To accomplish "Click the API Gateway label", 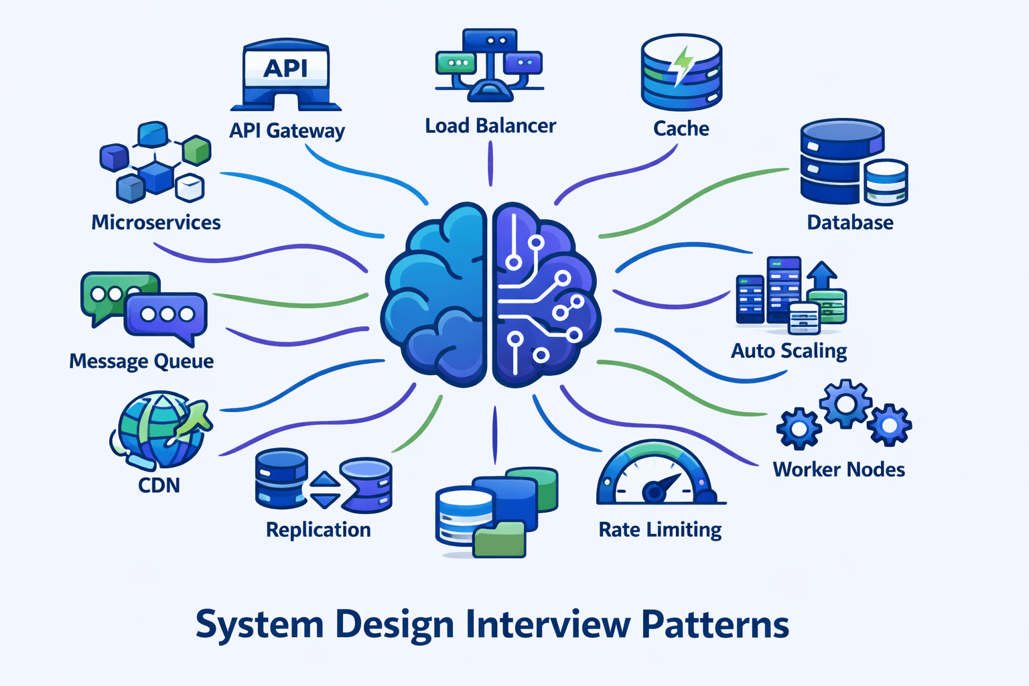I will coord(287,130).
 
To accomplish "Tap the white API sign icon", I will coord(286,68).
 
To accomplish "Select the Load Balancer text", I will coord(490,126).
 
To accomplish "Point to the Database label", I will coord(849,222).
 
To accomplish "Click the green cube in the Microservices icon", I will coord(196,150).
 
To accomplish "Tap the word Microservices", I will coord(155,222).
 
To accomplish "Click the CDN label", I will coord(159,485).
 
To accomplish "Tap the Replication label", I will coord(318,530).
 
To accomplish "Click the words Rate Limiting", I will coord(660,530).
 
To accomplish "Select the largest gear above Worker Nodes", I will coord(846,403).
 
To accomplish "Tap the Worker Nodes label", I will coord(839,470).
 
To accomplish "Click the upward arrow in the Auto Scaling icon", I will coord(822,275).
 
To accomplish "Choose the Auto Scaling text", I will coord(788,351).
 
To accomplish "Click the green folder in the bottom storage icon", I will coord(499,540).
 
